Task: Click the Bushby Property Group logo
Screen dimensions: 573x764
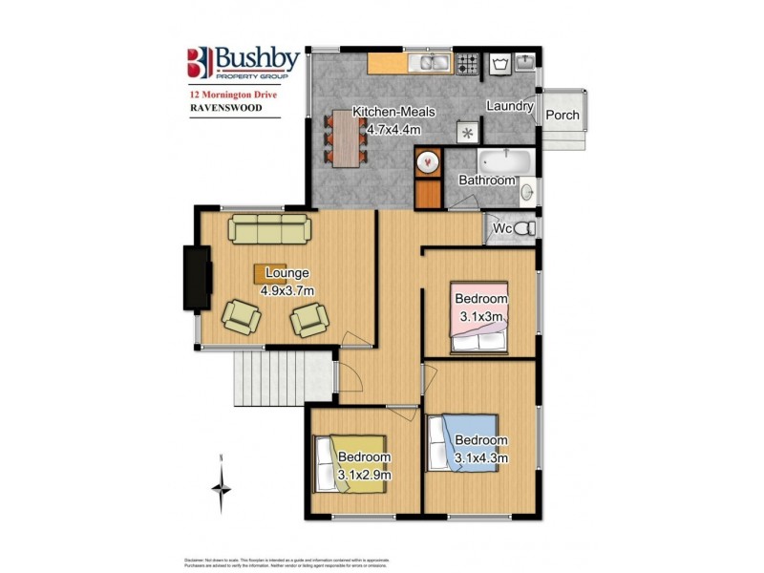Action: pos(243,64)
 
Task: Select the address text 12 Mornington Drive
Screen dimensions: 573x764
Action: pos(232,95)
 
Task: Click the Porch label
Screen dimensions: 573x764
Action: pos(562,116)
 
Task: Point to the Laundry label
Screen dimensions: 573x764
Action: pos(509,106)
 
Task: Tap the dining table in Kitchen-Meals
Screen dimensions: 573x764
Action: pos(344,137)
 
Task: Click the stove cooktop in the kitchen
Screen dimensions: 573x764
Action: pos(467,64)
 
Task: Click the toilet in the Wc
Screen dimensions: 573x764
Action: pos(524,228)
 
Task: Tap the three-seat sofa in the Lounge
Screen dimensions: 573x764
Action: pos(268,228)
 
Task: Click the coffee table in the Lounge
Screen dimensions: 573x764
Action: pos(270,272)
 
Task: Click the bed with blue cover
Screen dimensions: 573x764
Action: pos(463,445)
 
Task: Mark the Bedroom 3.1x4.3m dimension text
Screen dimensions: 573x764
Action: pos(479,457)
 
